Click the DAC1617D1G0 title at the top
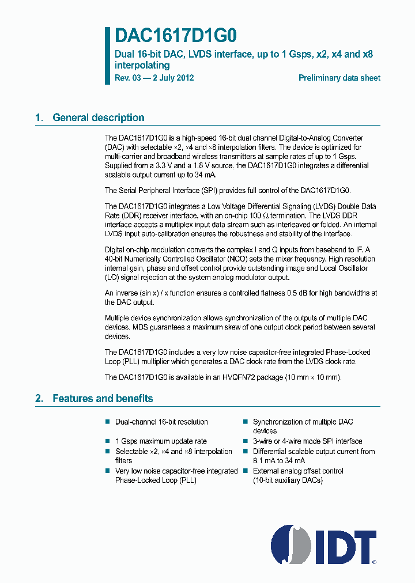pyautogui.click(x=176, y=36)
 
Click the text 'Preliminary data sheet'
pyautogui.click(x=339, y=78)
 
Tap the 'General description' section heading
pyautogui.click(x=98, y=118)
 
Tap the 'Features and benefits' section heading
pyautogui.click(x=103, y=398)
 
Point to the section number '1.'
pyautogui.click(x=39, y=118)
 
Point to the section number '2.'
pyautogui.click(x=39, y=398)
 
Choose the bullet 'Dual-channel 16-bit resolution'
pyautogui.click(x=161, y=422)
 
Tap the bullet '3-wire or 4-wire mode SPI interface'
pyautogui.click(x=308, y=441)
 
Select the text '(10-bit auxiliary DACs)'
pyautogui.click(x=288, y=480)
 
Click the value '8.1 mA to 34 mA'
pyautogui.click(x=280, y=460)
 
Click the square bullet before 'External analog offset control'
pyautogui.click(x=245, y=471)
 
